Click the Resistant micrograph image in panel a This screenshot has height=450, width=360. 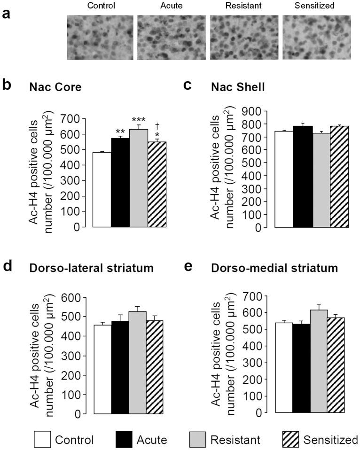(244, 37)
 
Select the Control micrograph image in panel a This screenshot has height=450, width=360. (100, 37)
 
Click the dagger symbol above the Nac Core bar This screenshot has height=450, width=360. (157, 126)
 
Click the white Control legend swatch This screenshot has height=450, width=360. (42, 440)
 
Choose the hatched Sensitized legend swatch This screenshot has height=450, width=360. (290, 440)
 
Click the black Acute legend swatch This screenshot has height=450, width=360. (124, 440)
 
